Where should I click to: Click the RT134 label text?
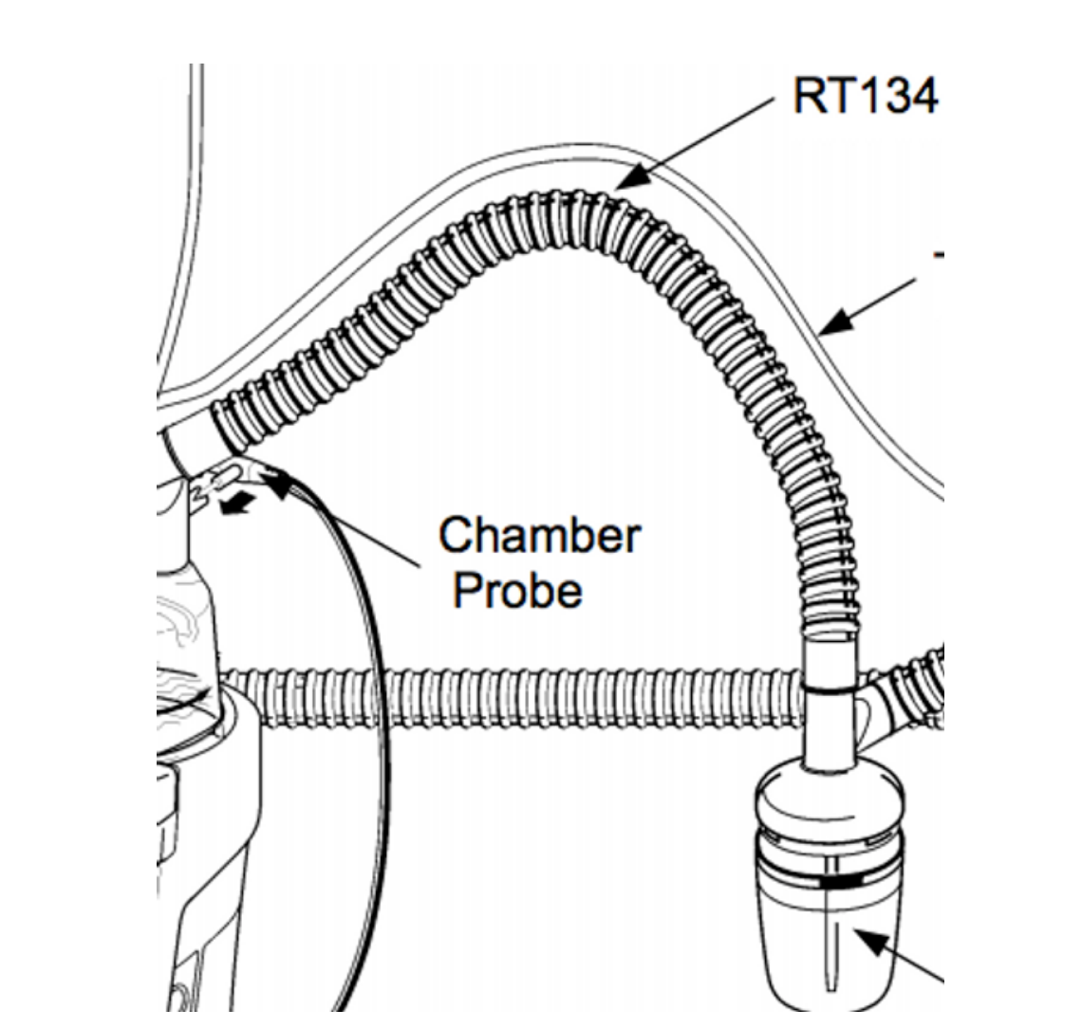[865, 95]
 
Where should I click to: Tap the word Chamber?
[539, 536]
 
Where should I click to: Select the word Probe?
[516, 591]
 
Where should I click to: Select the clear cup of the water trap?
[828, 948]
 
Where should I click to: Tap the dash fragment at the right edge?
[938, 254]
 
